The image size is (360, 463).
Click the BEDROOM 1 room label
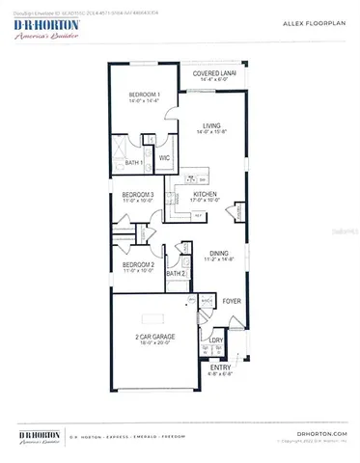tap(145, 95)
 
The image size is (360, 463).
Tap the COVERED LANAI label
tap(209, 73)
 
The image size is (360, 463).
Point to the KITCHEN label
tap(207, 195)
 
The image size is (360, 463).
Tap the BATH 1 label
tap(134, 163)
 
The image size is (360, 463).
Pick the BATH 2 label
tap(176, 273)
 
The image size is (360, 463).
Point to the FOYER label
tap(232, 302)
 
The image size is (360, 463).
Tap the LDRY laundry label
tap(216, 340)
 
